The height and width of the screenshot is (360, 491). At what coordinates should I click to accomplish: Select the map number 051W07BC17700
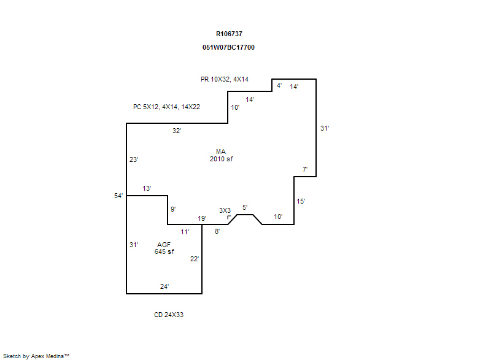228,47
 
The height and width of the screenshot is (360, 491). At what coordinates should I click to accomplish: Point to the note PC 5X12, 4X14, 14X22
166,107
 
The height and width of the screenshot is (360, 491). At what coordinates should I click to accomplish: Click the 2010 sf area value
221,159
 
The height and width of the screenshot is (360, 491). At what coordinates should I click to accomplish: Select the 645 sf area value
164,251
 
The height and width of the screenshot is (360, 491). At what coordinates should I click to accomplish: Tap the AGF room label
164,245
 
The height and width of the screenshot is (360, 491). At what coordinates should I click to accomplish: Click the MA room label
221,151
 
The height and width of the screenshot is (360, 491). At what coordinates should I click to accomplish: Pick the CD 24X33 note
169,315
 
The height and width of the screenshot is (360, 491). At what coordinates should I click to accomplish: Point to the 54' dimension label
118,196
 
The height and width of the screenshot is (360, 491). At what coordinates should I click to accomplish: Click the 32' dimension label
177,131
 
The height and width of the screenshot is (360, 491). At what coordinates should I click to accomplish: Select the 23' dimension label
134,159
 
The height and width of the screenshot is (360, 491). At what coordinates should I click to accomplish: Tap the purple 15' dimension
301,201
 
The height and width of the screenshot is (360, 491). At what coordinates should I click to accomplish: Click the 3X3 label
225,210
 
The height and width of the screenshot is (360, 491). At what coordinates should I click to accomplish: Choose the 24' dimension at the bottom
164,286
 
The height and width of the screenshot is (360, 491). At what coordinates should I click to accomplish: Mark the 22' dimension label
194,259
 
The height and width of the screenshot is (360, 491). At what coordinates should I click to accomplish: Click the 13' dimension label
147,188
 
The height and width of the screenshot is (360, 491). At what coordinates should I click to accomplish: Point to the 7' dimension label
304,169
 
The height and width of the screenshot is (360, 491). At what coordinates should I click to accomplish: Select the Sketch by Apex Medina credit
36,356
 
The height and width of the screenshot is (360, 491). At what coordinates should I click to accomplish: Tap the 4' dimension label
279,85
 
